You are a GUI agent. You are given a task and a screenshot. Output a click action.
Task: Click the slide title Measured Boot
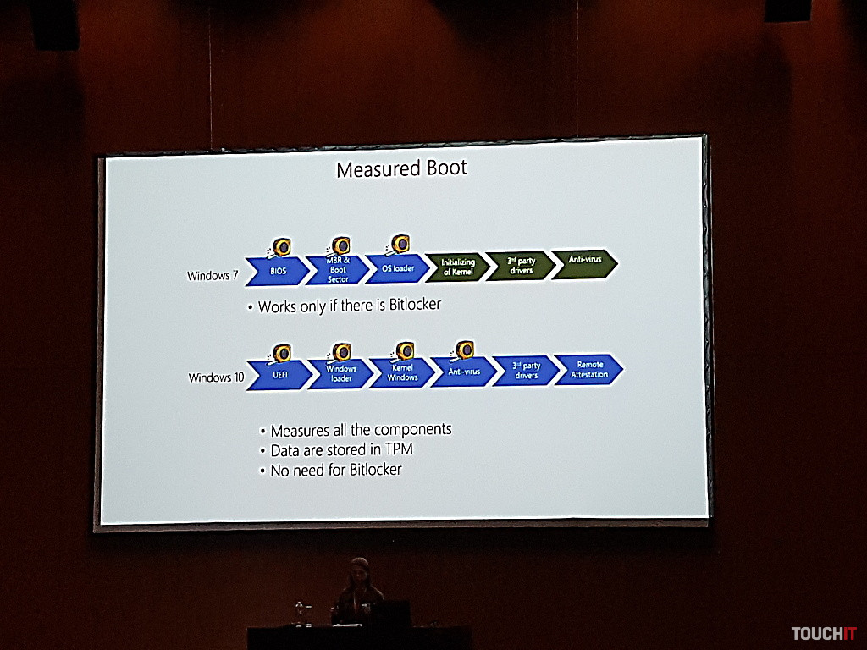(401, 168)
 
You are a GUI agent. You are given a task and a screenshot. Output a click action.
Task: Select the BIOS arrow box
(278, 271)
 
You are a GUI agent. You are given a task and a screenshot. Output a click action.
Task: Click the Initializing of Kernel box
(457, 267)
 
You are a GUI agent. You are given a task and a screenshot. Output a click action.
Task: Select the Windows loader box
(341, 373)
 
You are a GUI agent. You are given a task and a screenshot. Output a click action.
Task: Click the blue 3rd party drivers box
(526, 371)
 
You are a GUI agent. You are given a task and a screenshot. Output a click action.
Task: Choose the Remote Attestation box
(589, 369)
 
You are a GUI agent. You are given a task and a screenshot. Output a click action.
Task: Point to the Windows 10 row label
(211, 377)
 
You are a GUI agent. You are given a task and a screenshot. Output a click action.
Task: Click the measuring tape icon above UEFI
(280, 353)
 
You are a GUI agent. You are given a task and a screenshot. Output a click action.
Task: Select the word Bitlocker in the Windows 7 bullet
(414, 305)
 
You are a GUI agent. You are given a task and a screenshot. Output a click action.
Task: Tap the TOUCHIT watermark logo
(824, 633)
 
